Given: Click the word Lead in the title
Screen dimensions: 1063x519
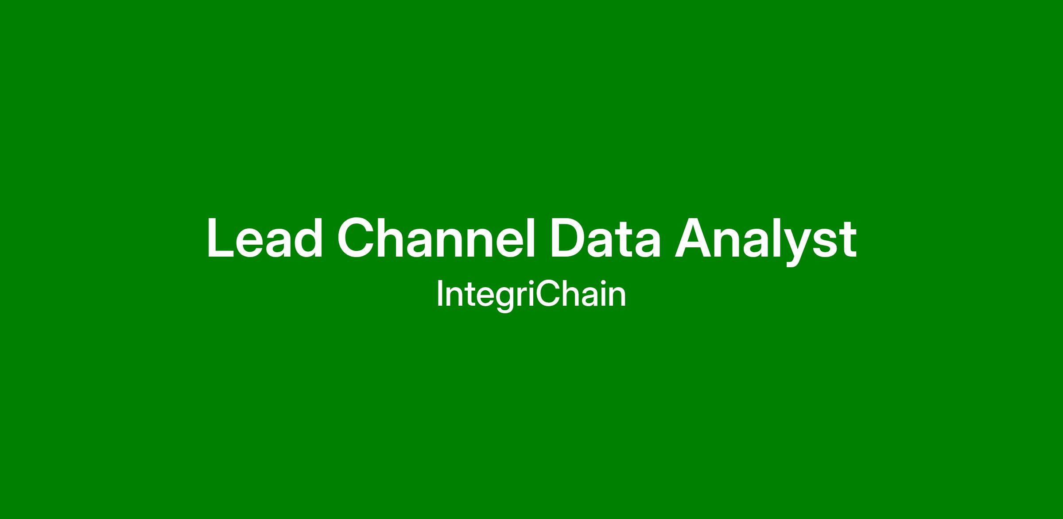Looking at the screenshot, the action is pyautogui.click(x=265, y=238).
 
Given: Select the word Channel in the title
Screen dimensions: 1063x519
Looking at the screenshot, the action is pyautogui.click(x=436, y=238).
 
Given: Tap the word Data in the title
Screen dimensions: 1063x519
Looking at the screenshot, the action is pyautogui.click(x=605, y=238).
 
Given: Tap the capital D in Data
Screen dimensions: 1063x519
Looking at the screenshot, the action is pyautogui.click(x=569, y=238).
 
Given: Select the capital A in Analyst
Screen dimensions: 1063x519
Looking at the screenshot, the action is pyautogui.click(x=694, y=238).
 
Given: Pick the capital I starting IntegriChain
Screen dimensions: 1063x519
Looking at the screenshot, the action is pyautogui.click(x=439, y=294).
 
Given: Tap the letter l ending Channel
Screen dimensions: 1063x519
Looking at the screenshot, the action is pyautogui.click(x=532, y=238).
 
